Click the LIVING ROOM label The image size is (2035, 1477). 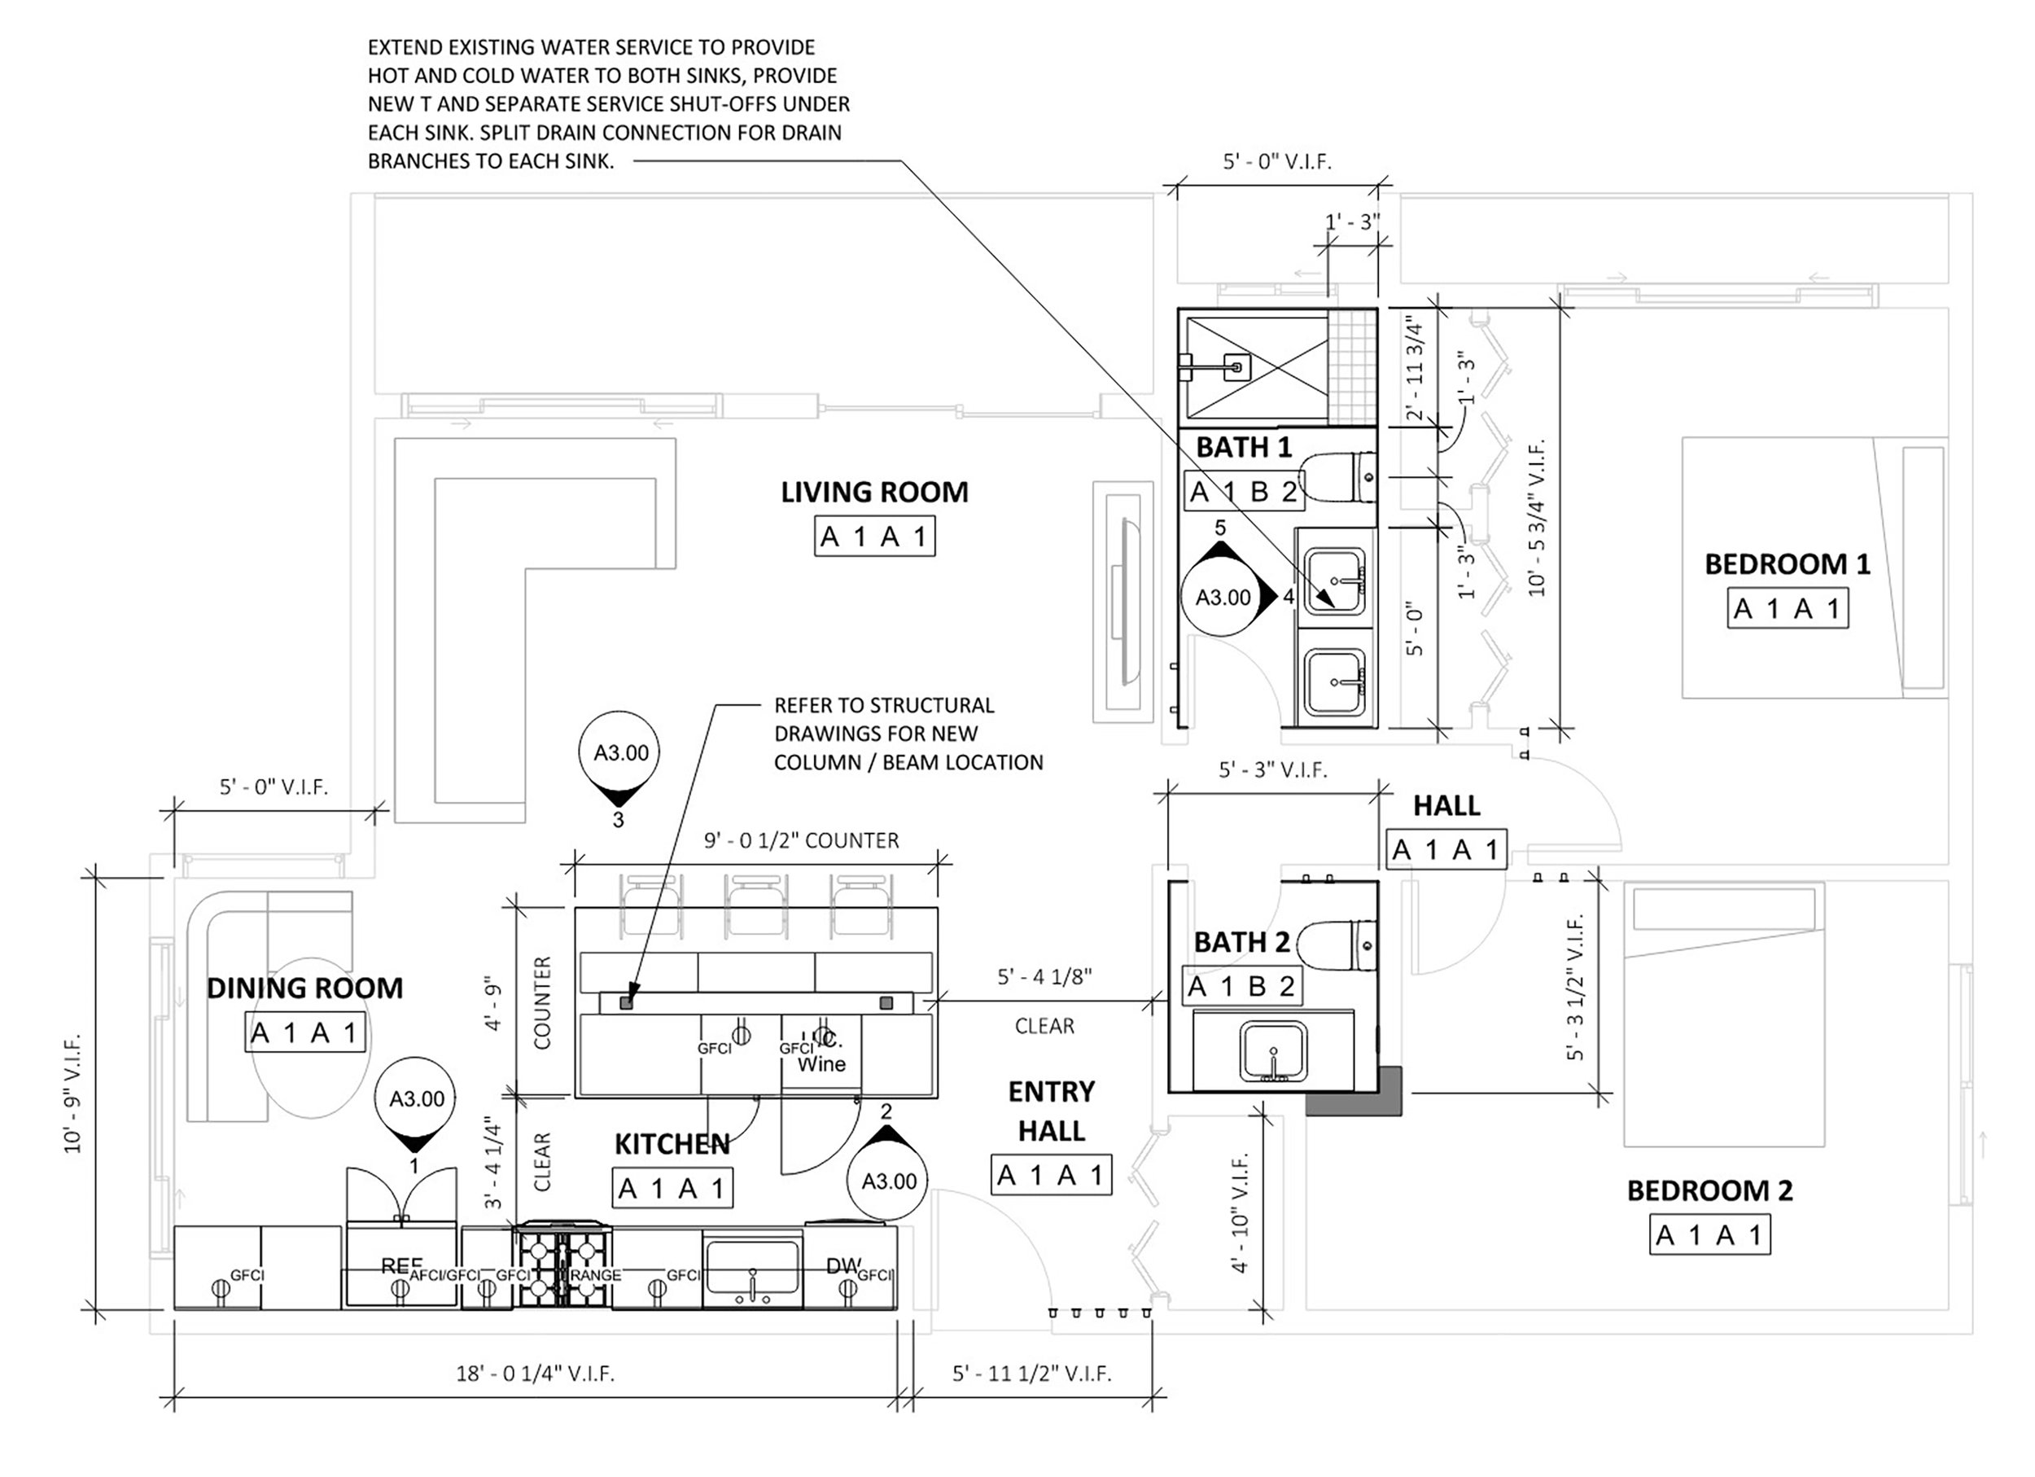click(874, 492)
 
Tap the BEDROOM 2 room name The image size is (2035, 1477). click(1709, 1190)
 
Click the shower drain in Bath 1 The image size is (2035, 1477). click(1237, 366)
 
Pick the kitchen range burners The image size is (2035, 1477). click(562, 1266)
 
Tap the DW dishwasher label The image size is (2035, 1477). click(842, 1265)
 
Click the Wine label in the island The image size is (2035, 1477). click(821, 1064)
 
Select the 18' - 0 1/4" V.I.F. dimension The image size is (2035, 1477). click(535, 1374)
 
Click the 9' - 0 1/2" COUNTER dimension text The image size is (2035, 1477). click(800, 841)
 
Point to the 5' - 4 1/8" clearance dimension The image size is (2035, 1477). click(1044, 976)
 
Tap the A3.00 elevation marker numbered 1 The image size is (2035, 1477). click(416, 1099)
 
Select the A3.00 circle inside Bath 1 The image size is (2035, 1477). click(1223, 598)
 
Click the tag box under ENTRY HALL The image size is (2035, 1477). click(1051, 1175)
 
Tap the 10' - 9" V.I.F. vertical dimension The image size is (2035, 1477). click(72, 1093)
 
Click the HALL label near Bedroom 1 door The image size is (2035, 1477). click(1446, 806)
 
